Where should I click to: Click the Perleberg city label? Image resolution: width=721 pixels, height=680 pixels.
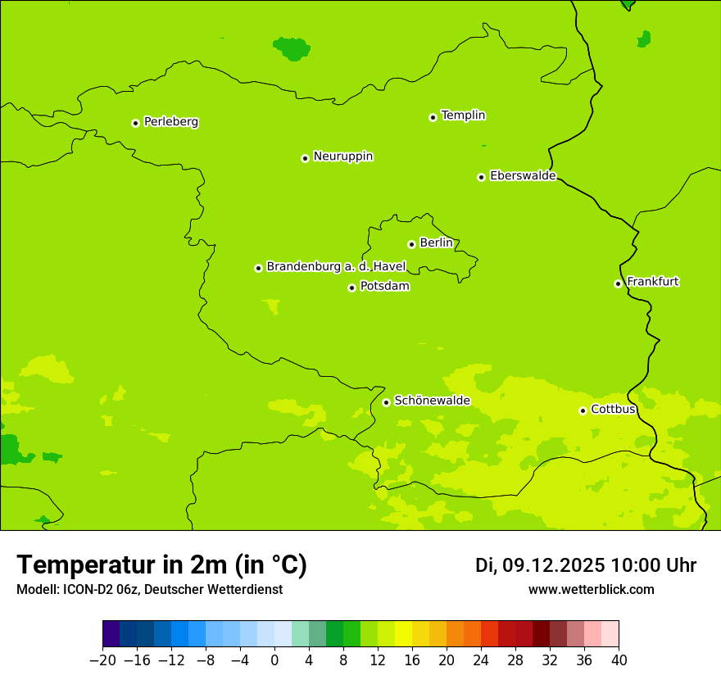170,122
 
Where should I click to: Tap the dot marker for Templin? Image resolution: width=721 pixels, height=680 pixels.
433,117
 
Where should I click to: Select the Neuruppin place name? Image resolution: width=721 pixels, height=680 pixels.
342,156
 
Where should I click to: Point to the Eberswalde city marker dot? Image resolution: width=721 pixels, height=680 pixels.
481,177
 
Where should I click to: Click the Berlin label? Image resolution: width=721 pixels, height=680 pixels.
436,243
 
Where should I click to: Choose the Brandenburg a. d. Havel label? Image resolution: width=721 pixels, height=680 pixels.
336,267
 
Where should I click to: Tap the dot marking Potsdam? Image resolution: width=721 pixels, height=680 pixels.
351,288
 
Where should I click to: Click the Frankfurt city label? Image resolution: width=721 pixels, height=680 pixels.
652,282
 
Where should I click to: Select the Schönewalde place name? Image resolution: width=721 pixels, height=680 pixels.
432,401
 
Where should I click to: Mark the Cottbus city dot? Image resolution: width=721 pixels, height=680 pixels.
583,410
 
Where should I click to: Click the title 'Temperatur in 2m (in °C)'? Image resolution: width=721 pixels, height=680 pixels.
161,565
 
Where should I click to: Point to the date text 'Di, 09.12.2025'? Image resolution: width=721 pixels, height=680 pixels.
540,565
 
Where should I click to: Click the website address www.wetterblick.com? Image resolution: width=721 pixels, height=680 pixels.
591,590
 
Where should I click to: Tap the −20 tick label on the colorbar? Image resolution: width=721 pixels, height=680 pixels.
102,660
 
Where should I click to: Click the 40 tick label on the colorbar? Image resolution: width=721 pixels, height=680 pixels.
619,660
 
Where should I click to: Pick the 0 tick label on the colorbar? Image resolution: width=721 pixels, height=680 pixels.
274,660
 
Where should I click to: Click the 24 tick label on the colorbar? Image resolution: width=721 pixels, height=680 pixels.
481,660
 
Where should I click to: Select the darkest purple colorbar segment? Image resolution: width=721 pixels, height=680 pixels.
111,634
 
